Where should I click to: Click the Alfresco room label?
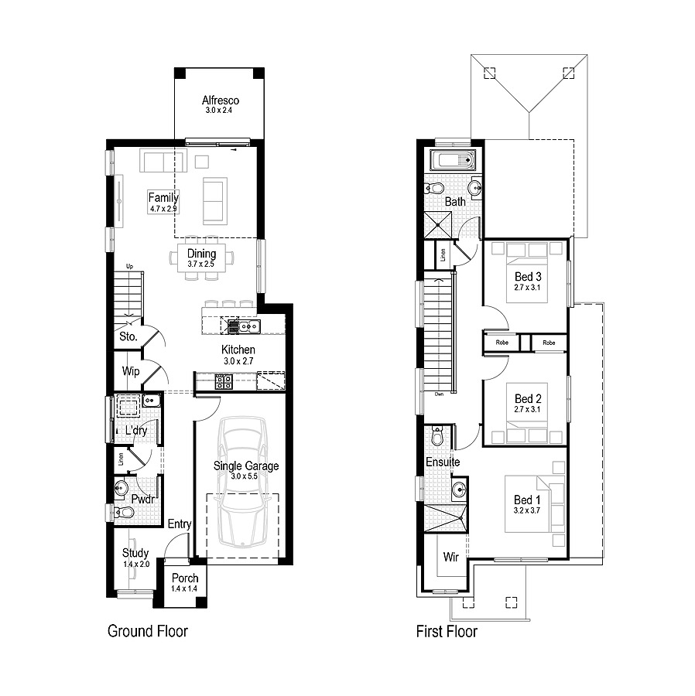(x=221, y=101)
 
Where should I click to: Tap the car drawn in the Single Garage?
(x=241, y=483)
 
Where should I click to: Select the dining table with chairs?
(x=202, y=258)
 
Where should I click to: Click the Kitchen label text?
(x=238, y=350)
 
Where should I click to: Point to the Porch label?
(x=185, y=578)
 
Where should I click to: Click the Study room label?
(x=135, y=553)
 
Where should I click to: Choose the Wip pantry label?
(x=131, y=371)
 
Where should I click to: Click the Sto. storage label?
(x=128, y=336)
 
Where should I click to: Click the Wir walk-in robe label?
(x=450, y=557)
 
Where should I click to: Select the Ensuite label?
(x=443, y=462)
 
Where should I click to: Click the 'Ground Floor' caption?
(x=147, y=632)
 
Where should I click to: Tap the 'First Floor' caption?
(x=447, y=632)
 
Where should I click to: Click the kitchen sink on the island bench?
(x=245, y=326)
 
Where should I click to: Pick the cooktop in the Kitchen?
(x=224, y=380)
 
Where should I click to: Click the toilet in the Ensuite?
(x=438, y=437)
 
